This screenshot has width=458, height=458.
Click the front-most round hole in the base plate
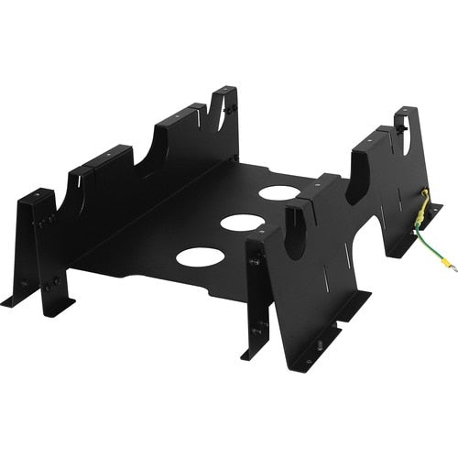pyautogui.click(x=200, y=256)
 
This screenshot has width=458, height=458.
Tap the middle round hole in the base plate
pyautogui.click(x=242, y=223)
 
